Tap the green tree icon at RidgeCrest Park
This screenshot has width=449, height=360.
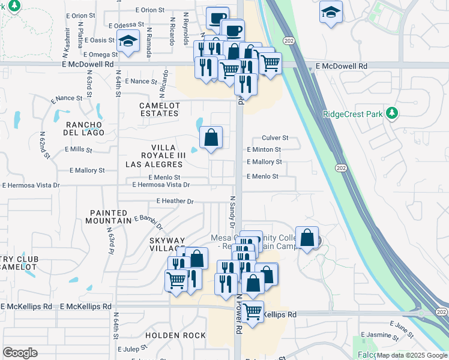[x=392, y=112]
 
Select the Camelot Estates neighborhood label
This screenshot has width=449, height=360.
[x=160, y=110]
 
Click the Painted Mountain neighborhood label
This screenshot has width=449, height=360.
[x=109, y=217]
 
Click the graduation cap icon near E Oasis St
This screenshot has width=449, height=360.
[x=127, y=41]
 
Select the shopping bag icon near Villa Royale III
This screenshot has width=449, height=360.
[x=211, y=137]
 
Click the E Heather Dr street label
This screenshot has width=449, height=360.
[x=175, y=201]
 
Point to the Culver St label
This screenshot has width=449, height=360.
[x=276, y=137]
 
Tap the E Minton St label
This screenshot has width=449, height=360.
[x=264, y=149]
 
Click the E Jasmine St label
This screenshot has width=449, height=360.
[x=380, y=334]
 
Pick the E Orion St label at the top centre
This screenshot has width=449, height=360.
[x=150, y=10]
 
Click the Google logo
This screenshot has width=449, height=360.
[x=20, y=353]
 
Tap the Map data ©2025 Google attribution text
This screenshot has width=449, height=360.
[x=412, y=355]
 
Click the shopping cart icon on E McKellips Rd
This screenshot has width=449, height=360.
[x=253, y=312]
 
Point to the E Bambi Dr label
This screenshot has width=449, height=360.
[x=148, y=223]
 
